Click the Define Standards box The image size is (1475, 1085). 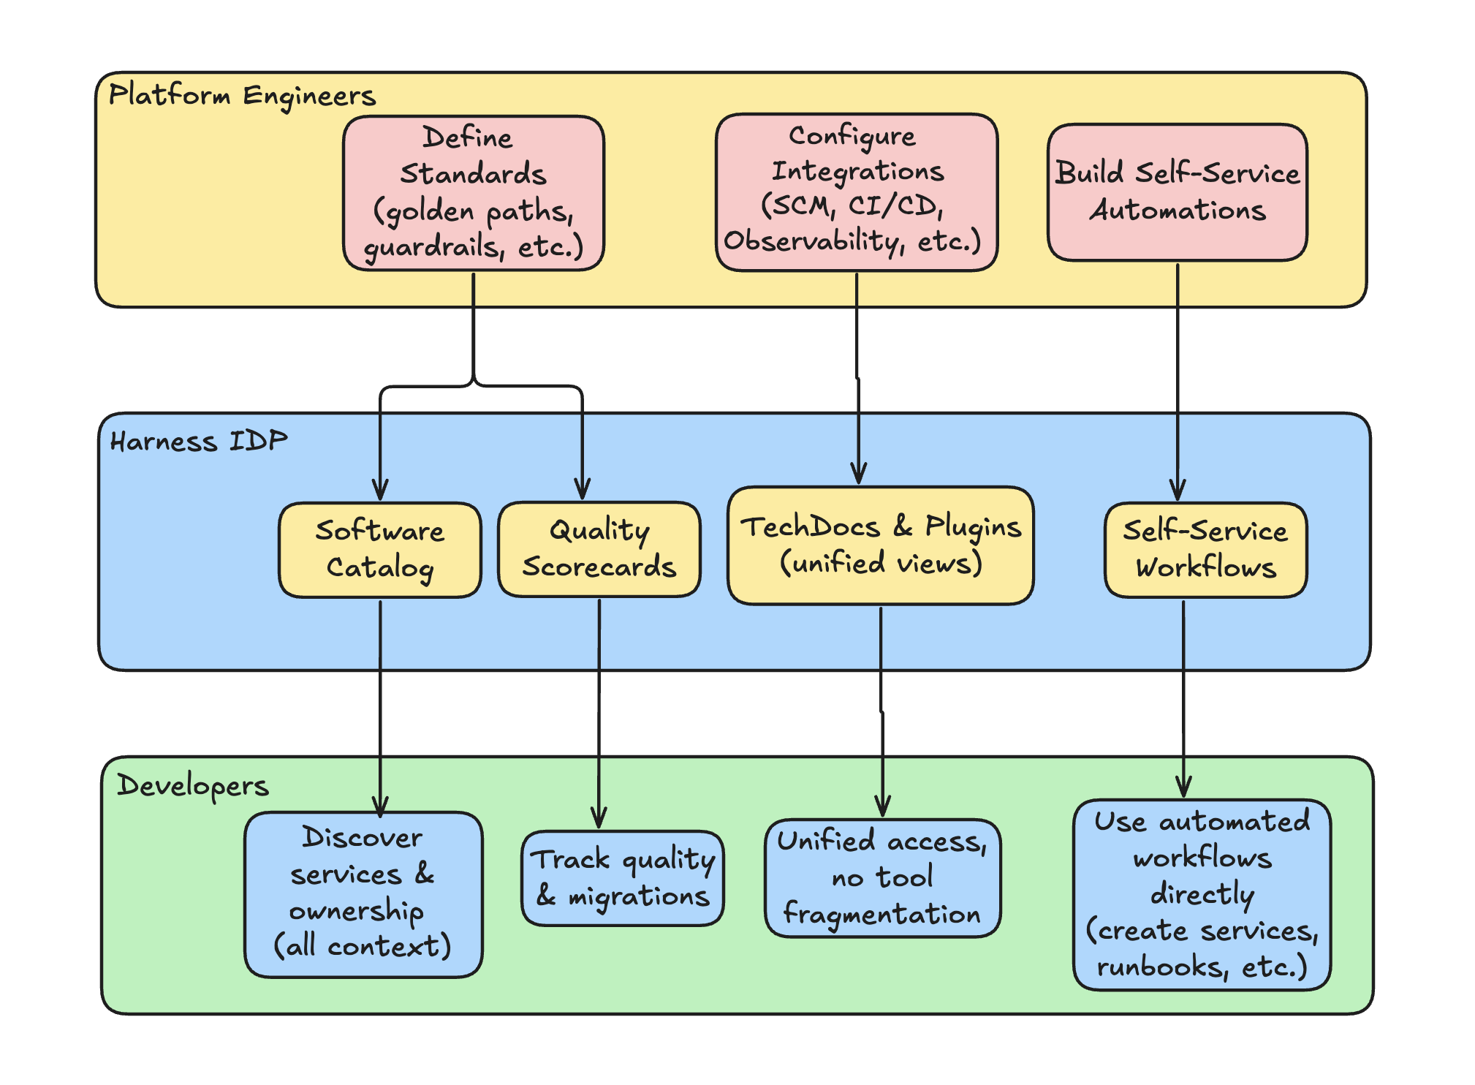[x=473, y=193]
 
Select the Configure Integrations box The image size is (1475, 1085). [x=856, y=192]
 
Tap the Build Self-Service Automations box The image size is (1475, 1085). [x=1177, y=192]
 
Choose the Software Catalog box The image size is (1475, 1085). [x=380, y=550]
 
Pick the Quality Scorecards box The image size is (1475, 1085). [x=599, y=549]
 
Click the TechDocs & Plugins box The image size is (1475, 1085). [x=880, y=545]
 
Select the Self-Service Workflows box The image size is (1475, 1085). [x=1205, y=550]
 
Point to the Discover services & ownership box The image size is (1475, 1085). [x=363, y=894]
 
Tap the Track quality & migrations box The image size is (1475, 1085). [x=622, y=878]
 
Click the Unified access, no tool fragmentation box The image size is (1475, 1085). [x=882, y=878]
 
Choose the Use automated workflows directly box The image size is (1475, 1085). [x=1202, y=894]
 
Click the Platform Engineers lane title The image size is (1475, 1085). [x=242, y=96]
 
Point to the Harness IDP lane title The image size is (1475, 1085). [x=199, y=442]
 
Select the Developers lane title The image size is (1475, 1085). [x=193, y=786]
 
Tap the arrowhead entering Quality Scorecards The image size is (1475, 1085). [x=582, y=491]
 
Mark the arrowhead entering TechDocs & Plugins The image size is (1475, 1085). [x=859, y=475]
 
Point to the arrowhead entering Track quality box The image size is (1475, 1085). [x=599, y=820]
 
